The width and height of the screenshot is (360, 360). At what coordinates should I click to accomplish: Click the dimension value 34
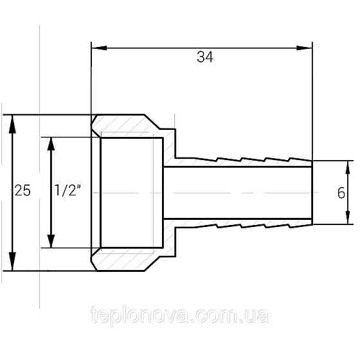coord(205,57)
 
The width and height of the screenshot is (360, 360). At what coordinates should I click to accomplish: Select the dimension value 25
coord(22,190)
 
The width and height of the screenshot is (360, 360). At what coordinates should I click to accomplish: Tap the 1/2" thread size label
coord(67,190)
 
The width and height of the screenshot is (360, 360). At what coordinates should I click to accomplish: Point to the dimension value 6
coord(341,193)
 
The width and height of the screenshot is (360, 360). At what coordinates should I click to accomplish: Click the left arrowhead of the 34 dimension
coord(99,48)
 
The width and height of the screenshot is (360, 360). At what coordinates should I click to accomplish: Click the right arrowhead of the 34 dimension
coord(305,48)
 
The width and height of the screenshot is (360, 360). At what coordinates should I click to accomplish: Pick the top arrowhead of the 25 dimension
coord(12,124)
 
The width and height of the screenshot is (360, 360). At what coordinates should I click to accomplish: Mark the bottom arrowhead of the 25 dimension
coord(12,261)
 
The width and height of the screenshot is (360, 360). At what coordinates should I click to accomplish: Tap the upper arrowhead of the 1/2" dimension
coord(51,144)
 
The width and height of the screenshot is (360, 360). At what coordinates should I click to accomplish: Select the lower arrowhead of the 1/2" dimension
coord(51,241)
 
